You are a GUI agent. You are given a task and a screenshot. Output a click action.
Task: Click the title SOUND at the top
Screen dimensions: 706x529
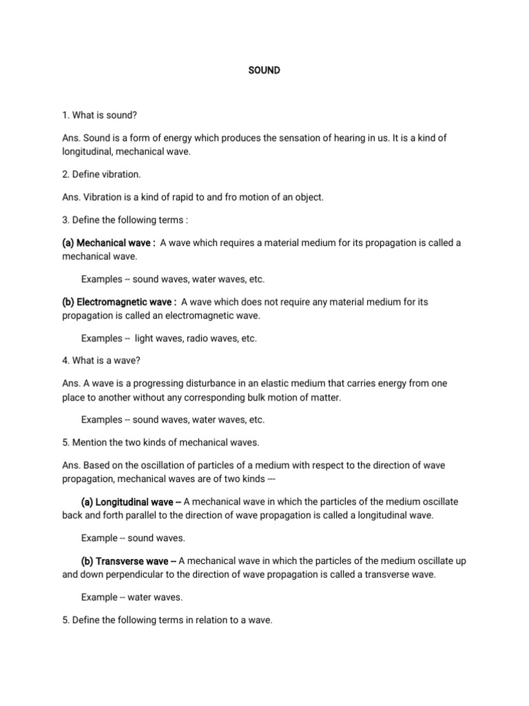[x=264, y=70]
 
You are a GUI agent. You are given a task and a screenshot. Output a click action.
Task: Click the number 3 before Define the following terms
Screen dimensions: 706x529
[x=64, y=220]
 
